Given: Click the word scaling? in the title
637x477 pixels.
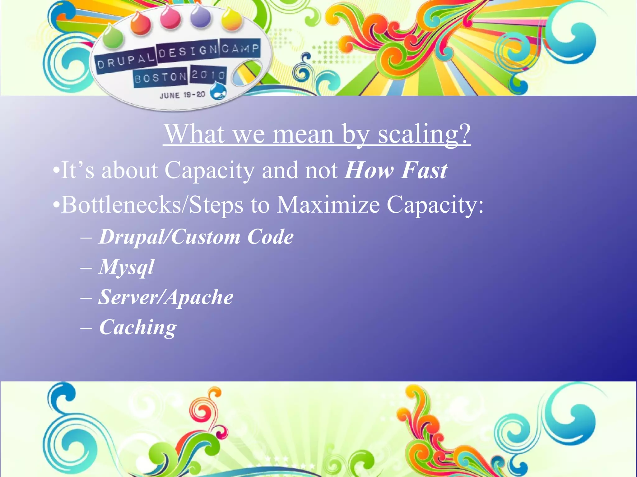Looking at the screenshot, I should [x=424, y=134].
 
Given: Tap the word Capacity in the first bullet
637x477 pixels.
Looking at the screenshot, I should [x=209, y=170].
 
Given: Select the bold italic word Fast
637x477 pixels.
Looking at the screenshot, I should [x=424, y=170].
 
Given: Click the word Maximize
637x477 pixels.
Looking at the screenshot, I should [x=328, y=205].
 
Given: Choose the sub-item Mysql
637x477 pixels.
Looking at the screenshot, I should [x=126, y=267].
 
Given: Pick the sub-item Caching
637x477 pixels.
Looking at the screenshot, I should [x=138, y=327].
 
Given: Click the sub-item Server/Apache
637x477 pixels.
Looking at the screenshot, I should [x=166, y=297].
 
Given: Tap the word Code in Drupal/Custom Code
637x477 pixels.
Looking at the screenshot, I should [x=270, y=237].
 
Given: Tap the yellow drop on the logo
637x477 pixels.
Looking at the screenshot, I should [x=232, y=20].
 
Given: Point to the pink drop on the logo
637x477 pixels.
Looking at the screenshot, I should [x=170, y=17].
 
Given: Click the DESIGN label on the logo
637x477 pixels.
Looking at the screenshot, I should [x=188, y=51].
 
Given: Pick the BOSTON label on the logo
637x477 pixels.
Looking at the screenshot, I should [x=160, y=77].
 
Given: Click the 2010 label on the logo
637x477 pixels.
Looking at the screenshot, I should [x=208, y=75].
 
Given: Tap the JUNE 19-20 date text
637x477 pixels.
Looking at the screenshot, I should [x=183, y=95].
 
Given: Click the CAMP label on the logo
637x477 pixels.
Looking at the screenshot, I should [x=240, y=48].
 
